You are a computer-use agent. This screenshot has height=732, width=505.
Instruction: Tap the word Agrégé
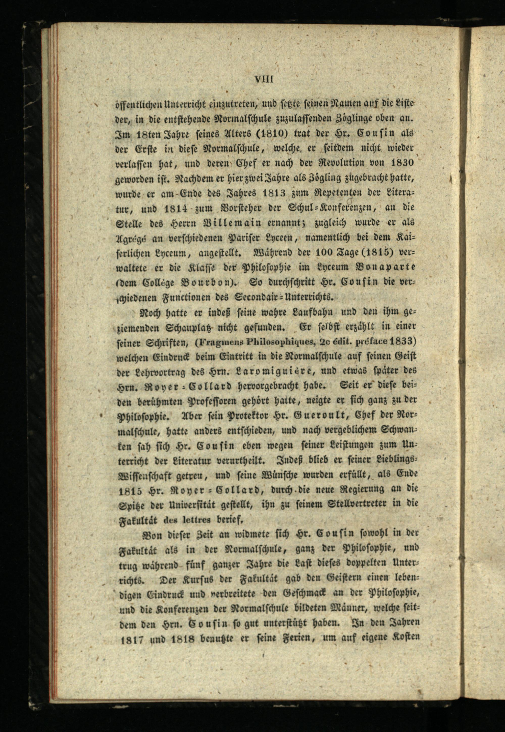(132, 238)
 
